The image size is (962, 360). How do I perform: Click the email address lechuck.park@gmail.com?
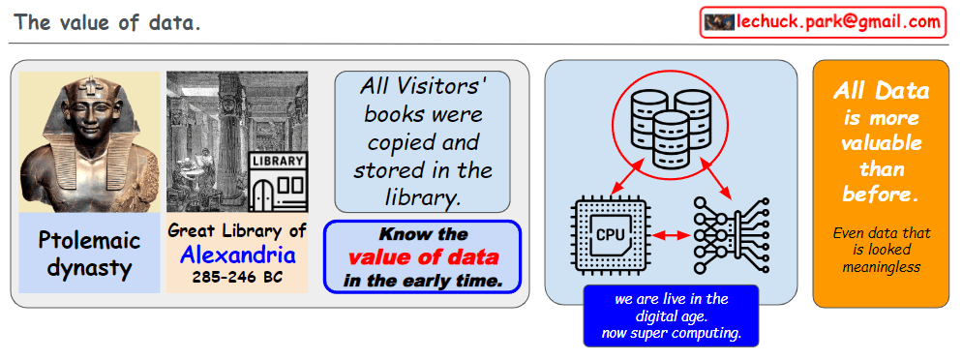[839, 22]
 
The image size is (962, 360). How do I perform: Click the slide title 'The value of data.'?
[107, 22]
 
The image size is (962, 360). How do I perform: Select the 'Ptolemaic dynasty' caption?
[90, 254]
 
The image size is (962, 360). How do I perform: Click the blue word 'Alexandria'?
[238, 255]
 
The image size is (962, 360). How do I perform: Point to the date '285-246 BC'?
[237, 277]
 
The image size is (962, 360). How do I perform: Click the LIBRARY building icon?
[278, 182]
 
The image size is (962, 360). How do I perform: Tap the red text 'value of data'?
[423, 257]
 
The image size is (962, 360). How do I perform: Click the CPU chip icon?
[610, 235]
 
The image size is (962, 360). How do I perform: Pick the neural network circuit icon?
[731, 235]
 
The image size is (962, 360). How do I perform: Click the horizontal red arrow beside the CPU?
[672, 235]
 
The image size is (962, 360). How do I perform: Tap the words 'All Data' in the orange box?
[881, 91]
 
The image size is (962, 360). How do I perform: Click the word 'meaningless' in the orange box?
[881, 267]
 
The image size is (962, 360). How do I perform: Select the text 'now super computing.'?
[672, 334]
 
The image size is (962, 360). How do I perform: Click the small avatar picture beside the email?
[719, 22]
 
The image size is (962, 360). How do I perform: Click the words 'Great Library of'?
[237, 231]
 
